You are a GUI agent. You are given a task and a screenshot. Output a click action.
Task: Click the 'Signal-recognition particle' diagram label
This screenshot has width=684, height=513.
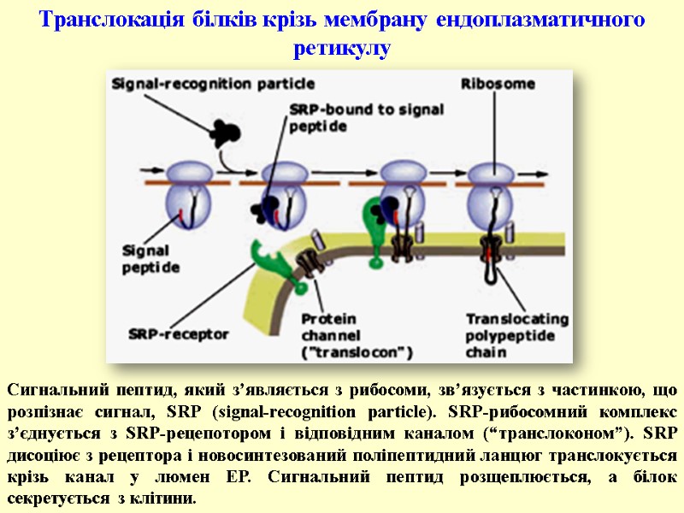click(213, 84)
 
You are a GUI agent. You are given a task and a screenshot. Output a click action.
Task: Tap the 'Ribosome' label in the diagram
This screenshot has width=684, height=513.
click(498, 84)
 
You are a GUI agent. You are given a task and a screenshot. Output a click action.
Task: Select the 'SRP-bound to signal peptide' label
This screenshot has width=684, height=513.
click(342, 118)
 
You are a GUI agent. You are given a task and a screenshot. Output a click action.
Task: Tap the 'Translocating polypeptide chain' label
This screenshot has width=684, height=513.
click(508, 334)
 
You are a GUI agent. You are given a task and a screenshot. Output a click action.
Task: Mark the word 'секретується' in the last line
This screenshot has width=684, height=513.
click(57, 498)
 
